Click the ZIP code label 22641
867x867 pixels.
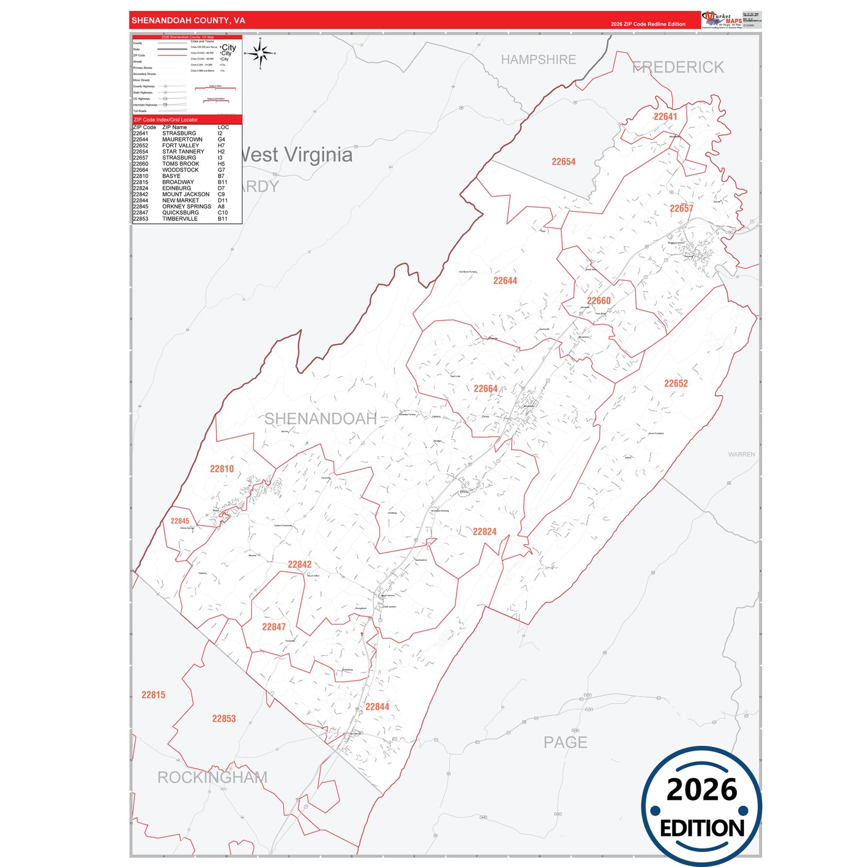tap(665, 117)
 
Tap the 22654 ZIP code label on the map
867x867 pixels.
tap(563, 162)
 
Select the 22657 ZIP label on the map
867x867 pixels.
tap(681, 209)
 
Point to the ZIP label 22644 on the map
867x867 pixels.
tap(505, 281)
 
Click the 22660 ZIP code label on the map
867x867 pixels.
tap(598, 301)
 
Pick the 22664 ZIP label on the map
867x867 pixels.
tap(485, 389)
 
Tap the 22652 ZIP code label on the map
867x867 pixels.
tap(676, 383)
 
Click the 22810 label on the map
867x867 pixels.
tap(221, 469)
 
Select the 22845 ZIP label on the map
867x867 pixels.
tap(179, 521)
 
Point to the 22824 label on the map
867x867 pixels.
tap(484, 532)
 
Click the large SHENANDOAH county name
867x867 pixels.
tap(320, 419)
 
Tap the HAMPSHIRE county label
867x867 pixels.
tap(538, 60)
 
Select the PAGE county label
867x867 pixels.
tap(565, 743)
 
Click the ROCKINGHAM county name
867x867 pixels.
tap(212, 778)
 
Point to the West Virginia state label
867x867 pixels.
tap(296, 155)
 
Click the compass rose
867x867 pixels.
tap(260, 54)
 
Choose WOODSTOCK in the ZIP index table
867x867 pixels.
tap(180, 170)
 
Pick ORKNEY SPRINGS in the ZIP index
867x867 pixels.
tap(186, 207)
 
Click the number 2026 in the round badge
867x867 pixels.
tap(701, 790)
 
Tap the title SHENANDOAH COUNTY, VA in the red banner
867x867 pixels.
tap(188, 20)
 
